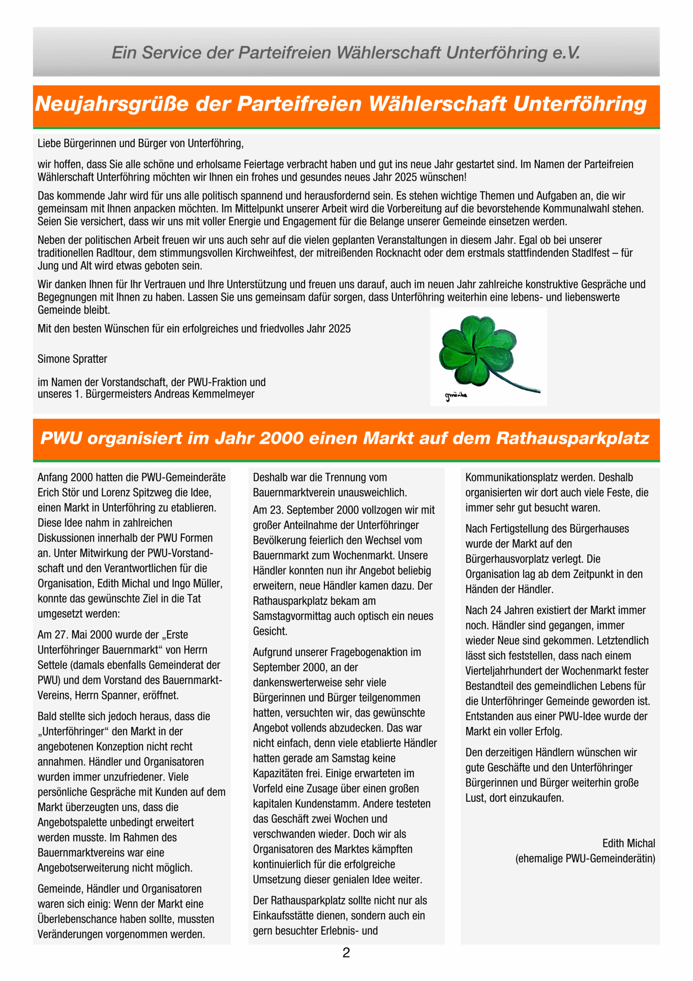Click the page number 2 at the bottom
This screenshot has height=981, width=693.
[x=346, y=953]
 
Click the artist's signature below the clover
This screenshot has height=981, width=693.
[x=456, y=396]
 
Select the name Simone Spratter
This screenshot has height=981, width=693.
[x=72, y=359]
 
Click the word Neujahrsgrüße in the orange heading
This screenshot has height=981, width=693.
[x=112, y=104]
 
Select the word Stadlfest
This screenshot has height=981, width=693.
[x=590, y=253]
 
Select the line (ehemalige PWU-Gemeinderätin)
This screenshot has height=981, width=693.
[x=585, y=858]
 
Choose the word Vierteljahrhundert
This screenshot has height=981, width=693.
[x=512, y=671]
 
